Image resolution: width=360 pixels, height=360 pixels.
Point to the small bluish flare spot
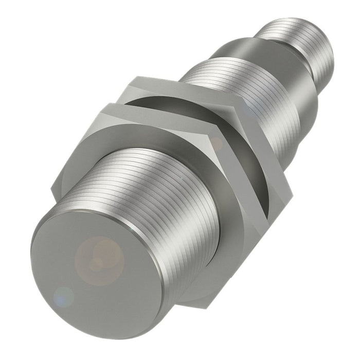[64, 296]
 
